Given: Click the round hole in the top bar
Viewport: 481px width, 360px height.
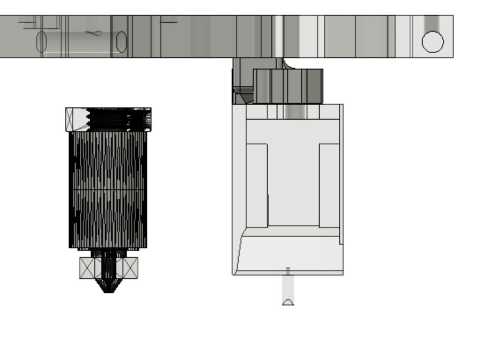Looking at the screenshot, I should [433, 42].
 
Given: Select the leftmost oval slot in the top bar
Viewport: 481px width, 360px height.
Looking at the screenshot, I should [41, 42].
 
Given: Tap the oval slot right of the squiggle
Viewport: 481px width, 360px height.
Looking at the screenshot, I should [121, 42].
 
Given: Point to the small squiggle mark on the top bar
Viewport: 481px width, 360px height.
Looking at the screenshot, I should [93, 33].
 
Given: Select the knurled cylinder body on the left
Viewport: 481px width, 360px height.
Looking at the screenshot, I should [108, 167].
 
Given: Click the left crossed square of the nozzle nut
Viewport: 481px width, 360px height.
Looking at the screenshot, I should [87, 268].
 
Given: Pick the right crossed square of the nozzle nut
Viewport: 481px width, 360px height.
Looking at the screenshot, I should [130, 268].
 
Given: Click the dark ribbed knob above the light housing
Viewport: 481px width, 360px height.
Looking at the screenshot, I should [288, 86].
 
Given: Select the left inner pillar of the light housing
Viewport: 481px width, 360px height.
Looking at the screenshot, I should [257, 185].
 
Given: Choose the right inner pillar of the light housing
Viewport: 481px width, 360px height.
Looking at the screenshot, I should [329, 185].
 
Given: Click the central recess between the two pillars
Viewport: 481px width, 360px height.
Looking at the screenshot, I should [293, 185].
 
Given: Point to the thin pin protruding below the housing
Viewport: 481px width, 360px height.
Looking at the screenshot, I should [288, 284].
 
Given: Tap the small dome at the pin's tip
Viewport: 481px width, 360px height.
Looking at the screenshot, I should [288, 302].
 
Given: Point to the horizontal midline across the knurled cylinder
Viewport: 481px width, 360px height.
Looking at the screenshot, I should [108, 189].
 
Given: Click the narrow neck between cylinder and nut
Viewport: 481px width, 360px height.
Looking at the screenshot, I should [108, 253].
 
